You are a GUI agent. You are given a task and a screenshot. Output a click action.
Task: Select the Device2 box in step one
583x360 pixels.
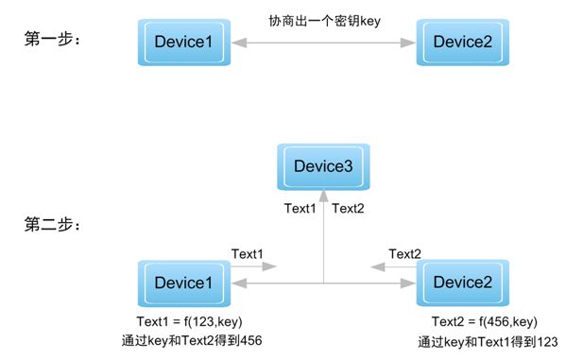click(x=463, y=42)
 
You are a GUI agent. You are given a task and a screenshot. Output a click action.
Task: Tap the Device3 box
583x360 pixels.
click(x=323, y=167)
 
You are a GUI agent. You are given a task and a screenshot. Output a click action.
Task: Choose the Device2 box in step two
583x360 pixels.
click(x=463, y=283)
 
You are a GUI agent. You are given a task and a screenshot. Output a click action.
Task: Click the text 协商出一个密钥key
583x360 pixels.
click(x=323, y=20)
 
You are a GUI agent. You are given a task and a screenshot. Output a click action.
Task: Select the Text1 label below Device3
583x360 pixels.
click(x=300, y=209)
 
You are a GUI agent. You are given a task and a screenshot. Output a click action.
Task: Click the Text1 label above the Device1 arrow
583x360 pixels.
click(x=248, y=253)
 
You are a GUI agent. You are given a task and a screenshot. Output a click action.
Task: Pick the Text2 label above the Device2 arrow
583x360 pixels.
click(x=404, y=253)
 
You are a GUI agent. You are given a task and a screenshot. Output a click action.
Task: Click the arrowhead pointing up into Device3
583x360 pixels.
click(x=324, y=197)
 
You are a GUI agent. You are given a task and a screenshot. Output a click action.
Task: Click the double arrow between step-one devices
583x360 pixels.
click(x=323, y=42)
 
